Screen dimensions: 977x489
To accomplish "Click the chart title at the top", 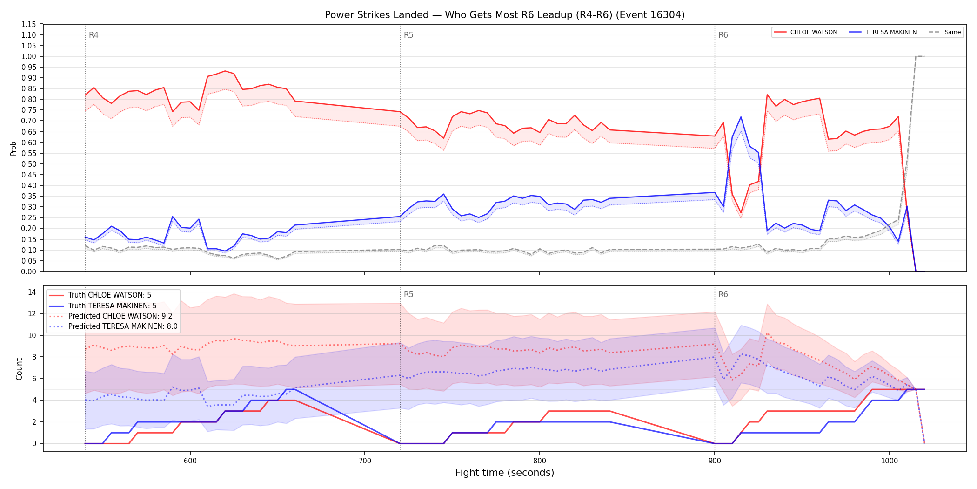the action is [505, 15].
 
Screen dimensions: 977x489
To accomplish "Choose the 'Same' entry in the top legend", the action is [945, 32].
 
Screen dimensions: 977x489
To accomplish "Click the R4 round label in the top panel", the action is [94, 35].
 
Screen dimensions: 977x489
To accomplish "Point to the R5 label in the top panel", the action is [408, 35].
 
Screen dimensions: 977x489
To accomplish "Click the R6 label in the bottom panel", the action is [723, 294].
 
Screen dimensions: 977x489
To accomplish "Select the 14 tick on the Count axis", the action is [32, 292].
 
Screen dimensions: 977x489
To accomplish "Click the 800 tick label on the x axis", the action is [540, 461].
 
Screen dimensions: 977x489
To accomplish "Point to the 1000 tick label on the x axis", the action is [890, 461].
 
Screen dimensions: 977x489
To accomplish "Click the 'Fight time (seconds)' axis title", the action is [505, 473].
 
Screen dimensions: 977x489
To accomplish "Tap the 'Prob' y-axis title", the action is [13, 148].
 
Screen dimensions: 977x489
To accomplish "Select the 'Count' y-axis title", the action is [19, 369].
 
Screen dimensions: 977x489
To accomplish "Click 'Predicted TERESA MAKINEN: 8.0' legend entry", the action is [114, 326].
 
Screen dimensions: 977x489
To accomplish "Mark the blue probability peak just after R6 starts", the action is [741, 117].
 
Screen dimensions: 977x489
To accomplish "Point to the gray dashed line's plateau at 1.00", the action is [920, 56].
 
